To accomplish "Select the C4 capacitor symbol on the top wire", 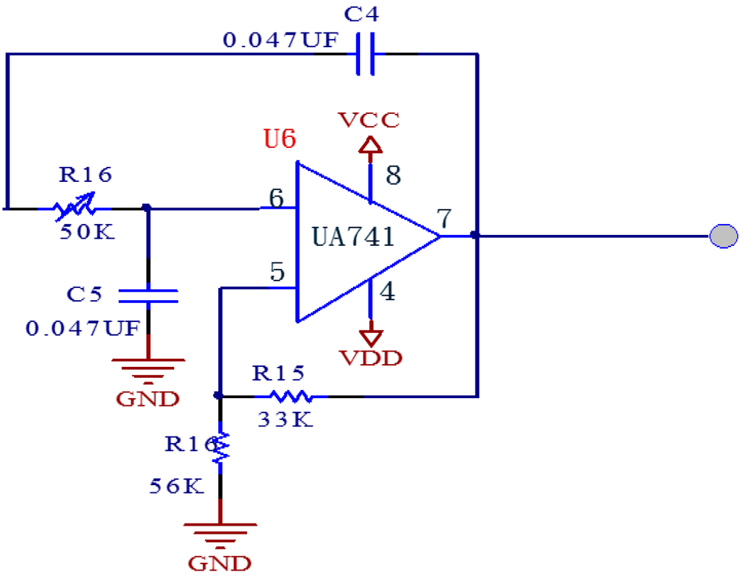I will (366, 54).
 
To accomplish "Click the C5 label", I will (85, 294).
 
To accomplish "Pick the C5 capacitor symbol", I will (148, 295).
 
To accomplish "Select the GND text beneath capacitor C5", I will (148, 398).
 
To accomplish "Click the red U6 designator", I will (280, 138).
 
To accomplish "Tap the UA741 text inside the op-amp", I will (354, 237).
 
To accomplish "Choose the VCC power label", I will (370, 120).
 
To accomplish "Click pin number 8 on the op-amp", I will (393, 175).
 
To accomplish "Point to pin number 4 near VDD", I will (388, 291).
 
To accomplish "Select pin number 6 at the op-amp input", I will (275, 197).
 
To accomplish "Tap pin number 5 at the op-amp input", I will (277, 273).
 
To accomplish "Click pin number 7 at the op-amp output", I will (444, 218).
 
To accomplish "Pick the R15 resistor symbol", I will (291, 396).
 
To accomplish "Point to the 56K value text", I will (176, 486).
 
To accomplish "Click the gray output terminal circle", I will (723, 236).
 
